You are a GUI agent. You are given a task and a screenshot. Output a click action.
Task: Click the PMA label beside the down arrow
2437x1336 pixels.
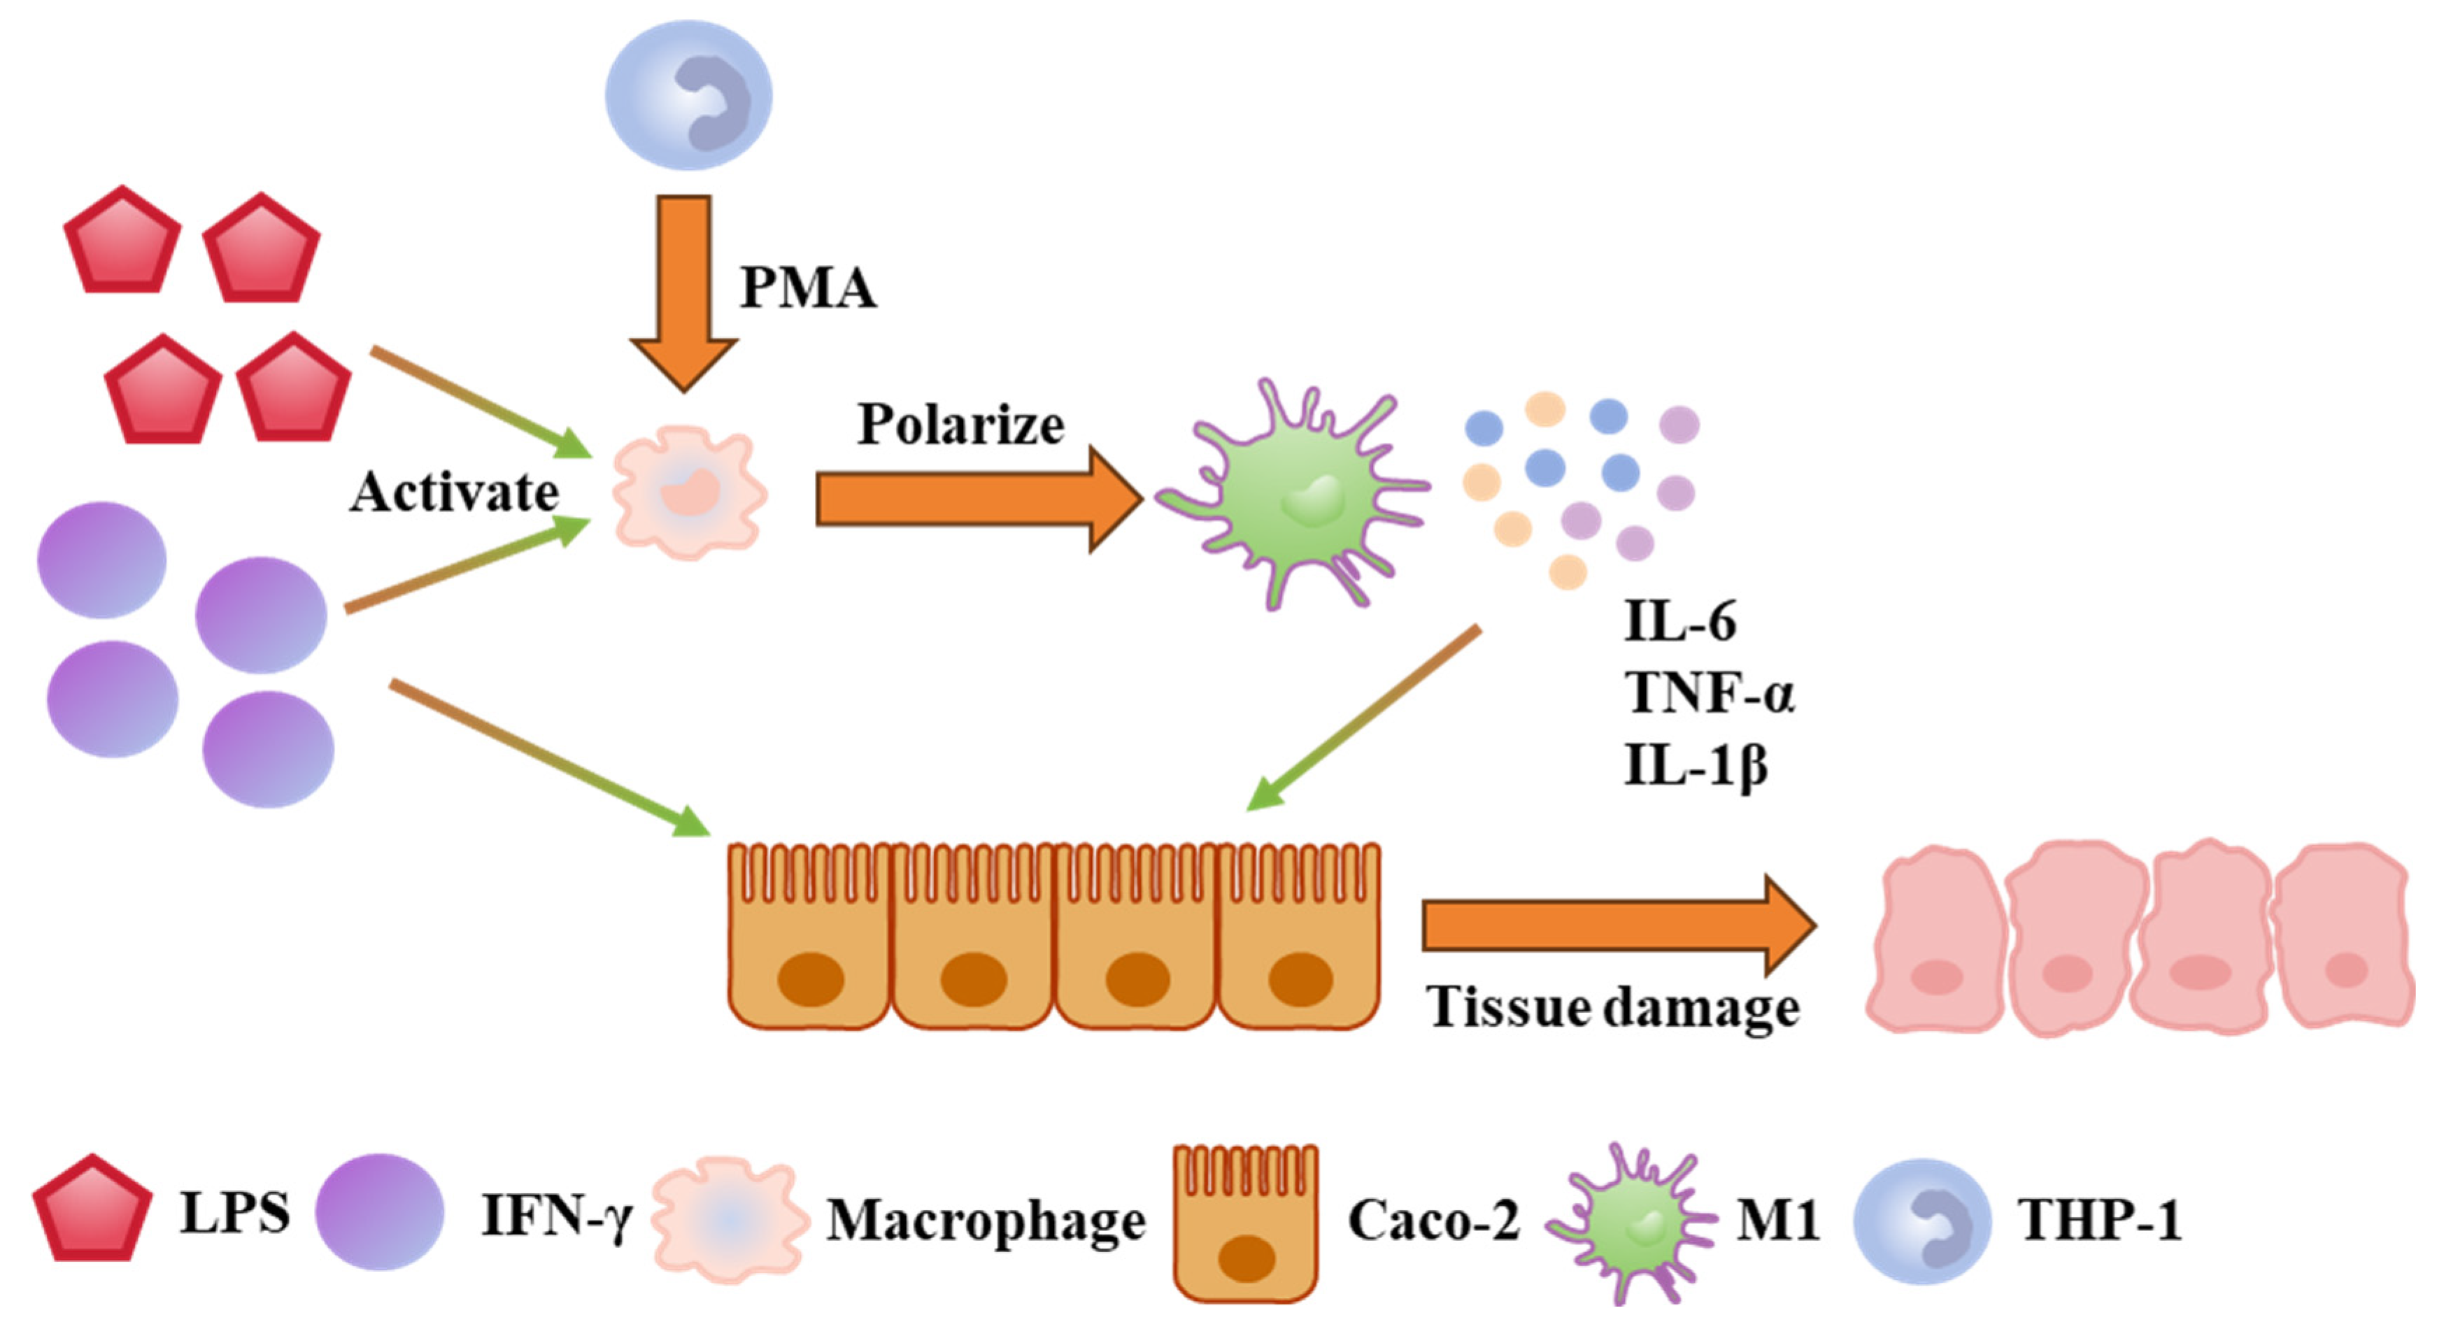click(808, 287)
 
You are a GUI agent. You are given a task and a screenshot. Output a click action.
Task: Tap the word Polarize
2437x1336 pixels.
click(961, 424)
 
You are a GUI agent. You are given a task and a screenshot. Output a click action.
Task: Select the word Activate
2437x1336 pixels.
click(455, 492)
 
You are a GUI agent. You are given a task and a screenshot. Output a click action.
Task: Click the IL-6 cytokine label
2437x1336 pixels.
click(1680, 622)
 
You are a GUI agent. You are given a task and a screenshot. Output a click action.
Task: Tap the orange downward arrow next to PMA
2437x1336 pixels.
click(684, 293)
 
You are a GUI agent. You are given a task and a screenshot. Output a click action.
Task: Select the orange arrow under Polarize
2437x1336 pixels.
click(980, 499)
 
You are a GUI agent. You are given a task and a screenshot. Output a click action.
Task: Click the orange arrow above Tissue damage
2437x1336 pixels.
click(1619, 925)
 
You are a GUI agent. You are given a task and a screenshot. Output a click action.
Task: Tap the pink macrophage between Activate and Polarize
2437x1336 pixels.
click(690, 492)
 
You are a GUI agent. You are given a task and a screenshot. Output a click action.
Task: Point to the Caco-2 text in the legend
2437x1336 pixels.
click(1434, 1220)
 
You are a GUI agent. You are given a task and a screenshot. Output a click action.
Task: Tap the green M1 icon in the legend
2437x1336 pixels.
click(1631, 1223)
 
